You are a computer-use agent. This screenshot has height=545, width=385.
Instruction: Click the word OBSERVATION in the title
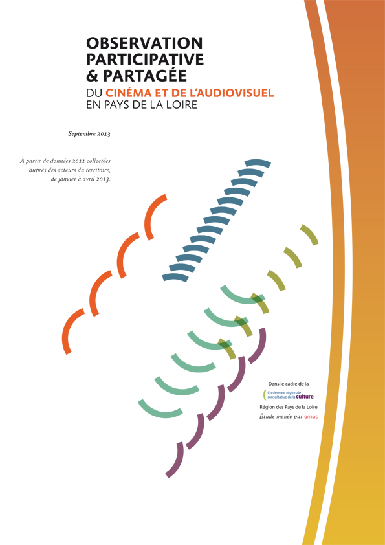(x=144, y=43)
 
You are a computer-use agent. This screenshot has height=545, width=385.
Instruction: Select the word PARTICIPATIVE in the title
(x=145, y=60)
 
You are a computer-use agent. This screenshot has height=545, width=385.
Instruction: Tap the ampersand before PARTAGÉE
(x=92, y=76)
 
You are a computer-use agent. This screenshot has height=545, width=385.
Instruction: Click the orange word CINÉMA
(x=128, y=93)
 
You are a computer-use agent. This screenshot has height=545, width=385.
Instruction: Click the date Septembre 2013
(x=89, y=134)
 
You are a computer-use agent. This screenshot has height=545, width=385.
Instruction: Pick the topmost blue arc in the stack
(x=258, y=163)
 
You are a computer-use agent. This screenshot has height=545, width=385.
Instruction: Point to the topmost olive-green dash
(x=310, y=234)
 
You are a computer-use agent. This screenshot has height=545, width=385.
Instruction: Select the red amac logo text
(x=311, y=417)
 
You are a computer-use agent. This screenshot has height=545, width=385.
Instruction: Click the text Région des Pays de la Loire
(x=289, y=407)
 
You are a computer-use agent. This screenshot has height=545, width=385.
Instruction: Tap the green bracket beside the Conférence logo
(x=265, y=394)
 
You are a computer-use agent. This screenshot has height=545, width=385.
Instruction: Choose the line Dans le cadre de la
(x=289, y=384)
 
